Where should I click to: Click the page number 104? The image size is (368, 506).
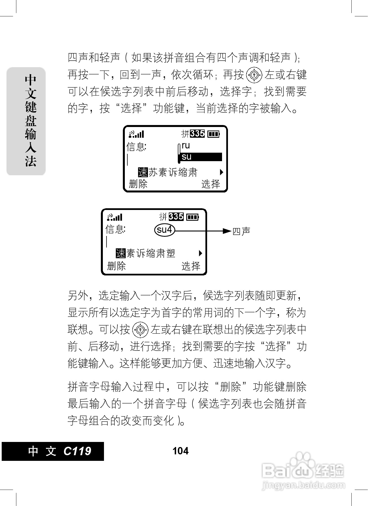coord(180,451)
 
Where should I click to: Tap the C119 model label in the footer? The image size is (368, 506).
coord(77,451)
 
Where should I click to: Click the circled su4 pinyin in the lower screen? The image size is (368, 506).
coord(165,230)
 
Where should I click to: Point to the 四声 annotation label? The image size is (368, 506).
coord(241,231)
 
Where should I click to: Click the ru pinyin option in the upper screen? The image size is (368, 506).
coord(186,146)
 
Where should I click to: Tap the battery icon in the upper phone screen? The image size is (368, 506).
coord(213,134)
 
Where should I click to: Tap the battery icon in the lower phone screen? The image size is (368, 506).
coord(192,217)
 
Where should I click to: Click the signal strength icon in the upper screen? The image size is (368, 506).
coord(136,134)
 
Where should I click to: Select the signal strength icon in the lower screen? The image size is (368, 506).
coord(115,217)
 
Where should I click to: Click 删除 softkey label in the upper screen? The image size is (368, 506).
coord(138,184)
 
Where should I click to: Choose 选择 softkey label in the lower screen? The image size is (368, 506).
coord(191,266)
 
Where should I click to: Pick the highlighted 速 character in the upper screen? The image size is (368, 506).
coord(143,172)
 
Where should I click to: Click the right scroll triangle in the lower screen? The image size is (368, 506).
coord(200,253)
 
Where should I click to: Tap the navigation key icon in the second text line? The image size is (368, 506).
coord(254,75)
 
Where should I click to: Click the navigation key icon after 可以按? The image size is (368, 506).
coord(140,330)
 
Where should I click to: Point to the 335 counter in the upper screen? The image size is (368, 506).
coord(197,133)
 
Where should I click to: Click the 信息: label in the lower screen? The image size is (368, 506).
coord(116,229)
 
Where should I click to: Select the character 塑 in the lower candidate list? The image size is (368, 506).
coord(171,253)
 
